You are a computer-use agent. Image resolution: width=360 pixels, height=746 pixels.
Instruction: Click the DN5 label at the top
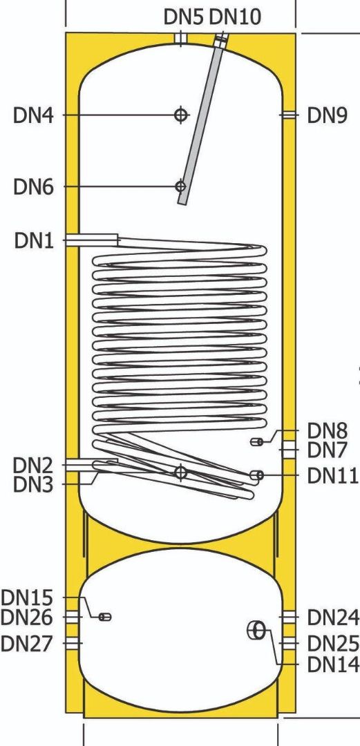click(x=184, y=17)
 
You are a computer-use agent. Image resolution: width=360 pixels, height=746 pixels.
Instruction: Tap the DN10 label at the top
click(x=235, y=17)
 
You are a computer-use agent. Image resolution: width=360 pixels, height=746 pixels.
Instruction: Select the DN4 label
click(x=34, y=115)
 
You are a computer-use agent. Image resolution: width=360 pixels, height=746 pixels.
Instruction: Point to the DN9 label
click(x=328, y=115)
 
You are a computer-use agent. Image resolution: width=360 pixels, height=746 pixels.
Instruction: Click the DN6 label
click(x=34, y=187)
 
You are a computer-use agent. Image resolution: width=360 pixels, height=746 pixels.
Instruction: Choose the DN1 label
click(x=34, y=241)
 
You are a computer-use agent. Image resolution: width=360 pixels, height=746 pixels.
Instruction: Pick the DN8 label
click(x=328, y=430)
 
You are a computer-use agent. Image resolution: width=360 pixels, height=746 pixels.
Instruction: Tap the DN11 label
click(x=332, y=475)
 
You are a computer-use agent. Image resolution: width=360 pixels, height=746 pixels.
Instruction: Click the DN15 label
click(x=27, y=597)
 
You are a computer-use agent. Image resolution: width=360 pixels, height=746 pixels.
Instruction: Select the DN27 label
click(x=27, y=643)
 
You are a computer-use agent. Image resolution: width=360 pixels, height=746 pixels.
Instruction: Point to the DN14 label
click(x=332, y=664)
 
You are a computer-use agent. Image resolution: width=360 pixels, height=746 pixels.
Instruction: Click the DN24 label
click(x=332, y=618)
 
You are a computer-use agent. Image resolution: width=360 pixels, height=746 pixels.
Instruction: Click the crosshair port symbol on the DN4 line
click(x=180, y=115)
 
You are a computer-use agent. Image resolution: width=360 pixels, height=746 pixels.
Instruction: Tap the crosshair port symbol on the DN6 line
click(x=180, y=186)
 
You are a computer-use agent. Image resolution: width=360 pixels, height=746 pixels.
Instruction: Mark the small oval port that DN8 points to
click(x=256, y=442)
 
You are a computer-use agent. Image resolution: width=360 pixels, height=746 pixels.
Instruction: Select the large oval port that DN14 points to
click(x=256, y=631)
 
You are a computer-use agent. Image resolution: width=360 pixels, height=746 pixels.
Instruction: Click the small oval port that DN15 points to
click(x=105, y=617)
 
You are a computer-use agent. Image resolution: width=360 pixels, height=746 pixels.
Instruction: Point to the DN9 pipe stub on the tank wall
click(x=288, y=115)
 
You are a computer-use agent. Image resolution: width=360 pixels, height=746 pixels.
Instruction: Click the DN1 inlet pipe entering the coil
click(x=92, y=240)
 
